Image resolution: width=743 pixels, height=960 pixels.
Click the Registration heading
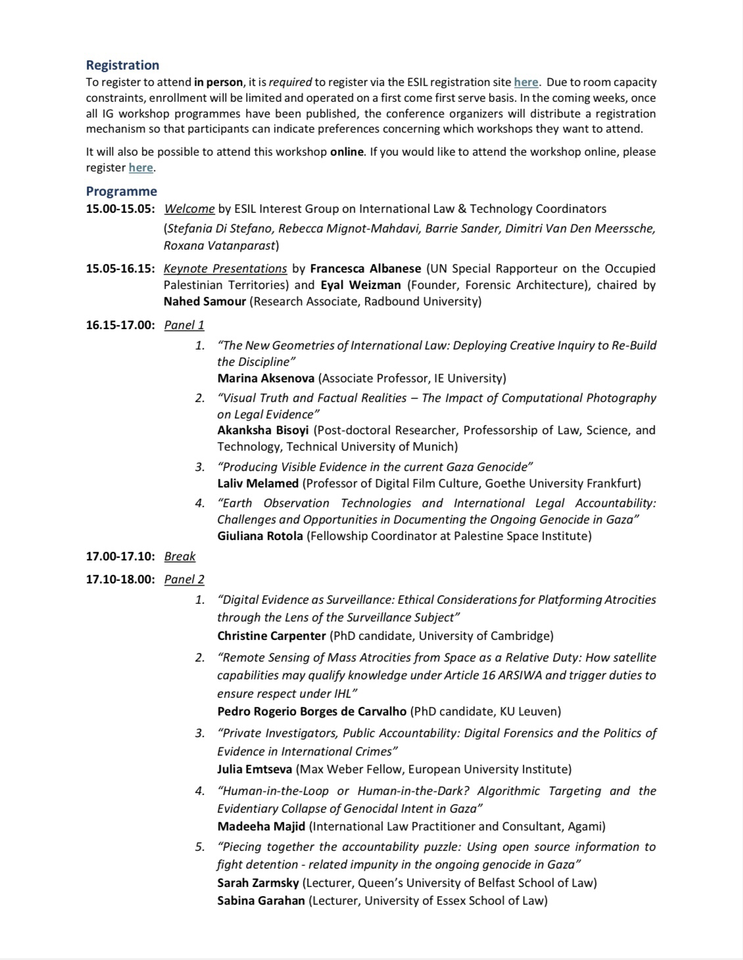coord(122,65)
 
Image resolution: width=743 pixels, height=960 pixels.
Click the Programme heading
coord(122,191)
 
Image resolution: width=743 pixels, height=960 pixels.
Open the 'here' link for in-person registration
coord(526,82)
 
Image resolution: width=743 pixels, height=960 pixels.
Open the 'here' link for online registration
coord(141,168)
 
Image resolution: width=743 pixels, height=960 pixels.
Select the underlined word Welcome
coord(189,209)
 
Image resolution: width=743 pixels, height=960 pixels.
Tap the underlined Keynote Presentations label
coord(225,268)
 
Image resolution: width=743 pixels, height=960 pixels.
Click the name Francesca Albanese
coord(366,268)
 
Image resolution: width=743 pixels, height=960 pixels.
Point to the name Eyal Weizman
coord(361,285)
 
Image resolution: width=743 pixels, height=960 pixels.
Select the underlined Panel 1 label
coord(184,325)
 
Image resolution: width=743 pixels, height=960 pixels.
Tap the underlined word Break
coord(180,557)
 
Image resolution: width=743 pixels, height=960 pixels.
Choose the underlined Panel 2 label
coord(184,580)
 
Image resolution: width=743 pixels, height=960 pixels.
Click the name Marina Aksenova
coord(266,378)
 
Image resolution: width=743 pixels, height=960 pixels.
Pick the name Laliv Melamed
coord(258,484)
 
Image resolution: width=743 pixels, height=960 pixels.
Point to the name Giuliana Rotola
coord(260,536)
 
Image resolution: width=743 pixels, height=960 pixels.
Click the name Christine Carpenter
coord(272,636)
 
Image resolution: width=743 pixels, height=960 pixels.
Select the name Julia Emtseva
coord(255,769)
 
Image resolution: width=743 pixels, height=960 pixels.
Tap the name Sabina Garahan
coord(261,901)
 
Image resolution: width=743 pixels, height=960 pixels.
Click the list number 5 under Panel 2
coord(200,847)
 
